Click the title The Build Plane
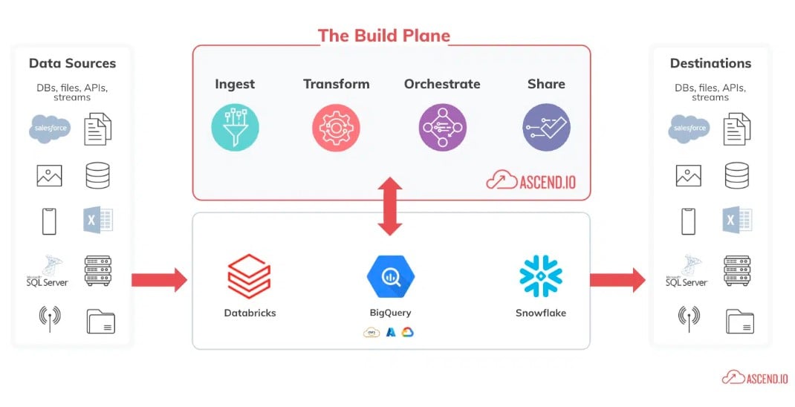[383, 36]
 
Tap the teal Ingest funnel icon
[235, 128]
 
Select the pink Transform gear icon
[336, 128]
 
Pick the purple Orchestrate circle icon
[442, 128]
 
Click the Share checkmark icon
[546, 128]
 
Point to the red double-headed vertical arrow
[389, 207]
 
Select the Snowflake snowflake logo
[540, 276]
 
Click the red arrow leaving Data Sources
[158, 280]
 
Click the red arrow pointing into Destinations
[617, 280]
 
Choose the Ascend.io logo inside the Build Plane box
[530, 180]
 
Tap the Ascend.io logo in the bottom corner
[754, 377]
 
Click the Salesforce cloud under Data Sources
[51, 128]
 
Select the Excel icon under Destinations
[736, 221]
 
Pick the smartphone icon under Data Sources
[49, 221]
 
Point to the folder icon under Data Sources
[100, 321]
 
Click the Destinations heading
[710, 63]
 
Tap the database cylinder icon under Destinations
[736, 176]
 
